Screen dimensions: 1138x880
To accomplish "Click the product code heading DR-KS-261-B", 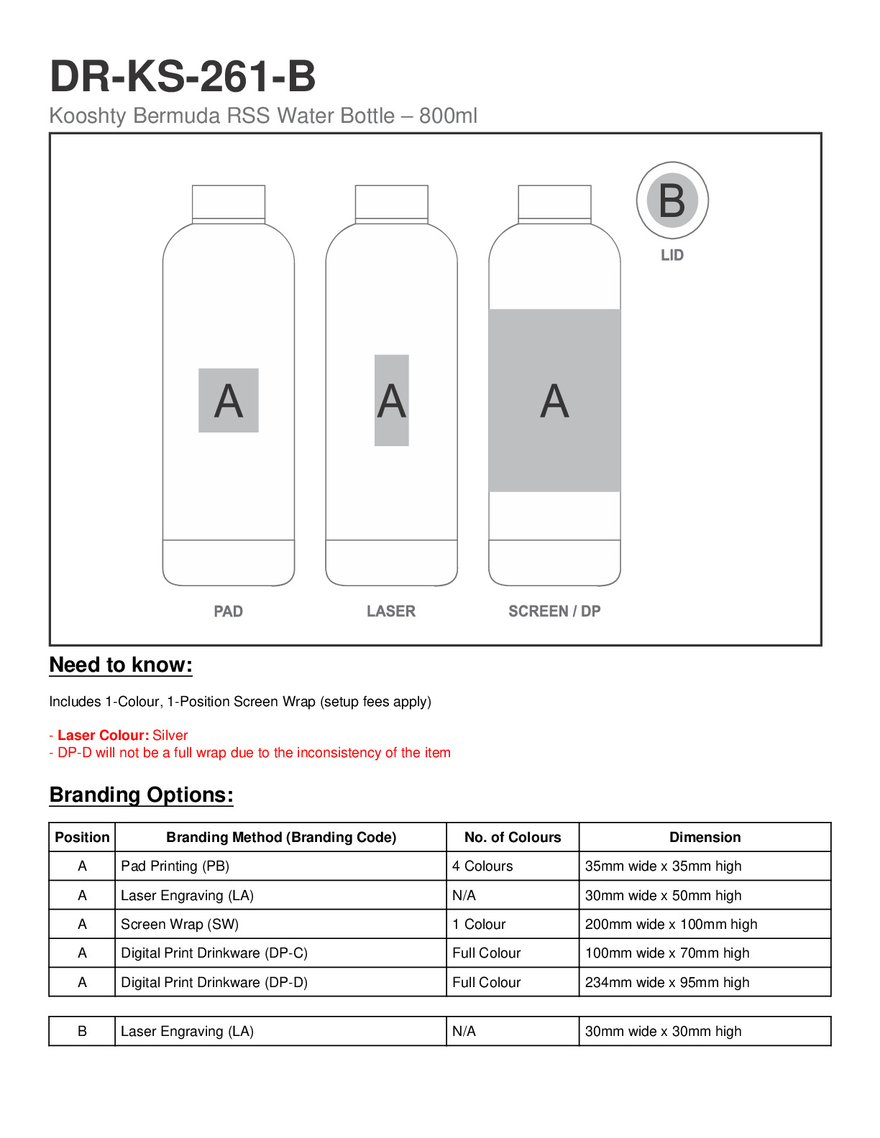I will point(183,76).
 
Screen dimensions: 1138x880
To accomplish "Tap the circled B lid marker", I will point(672,200).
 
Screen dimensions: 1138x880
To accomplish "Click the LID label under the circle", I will point(672,255).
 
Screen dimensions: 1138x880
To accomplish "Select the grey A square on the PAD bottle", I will point(229,400).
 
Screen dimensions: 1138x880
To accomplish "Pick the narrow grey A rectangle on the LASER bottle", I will point(392,400).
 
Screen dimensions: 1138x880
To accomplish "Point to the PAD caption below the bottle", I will point(229,611).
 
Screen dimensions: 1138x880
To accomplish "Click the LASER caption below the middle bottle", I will point(391,611).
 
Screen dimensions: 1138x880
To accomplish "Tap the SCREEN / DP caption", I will point(554,611).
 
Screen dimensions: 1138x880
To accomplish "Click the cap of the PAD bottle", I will point(229,203).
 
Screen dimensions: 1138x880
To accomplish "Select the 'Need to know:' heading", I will point(121,665).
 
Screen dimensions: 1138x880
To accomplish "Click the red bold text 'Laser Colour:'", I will point(104,735).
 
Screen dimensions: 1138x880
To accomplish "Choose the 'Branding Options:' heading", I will point(142,795).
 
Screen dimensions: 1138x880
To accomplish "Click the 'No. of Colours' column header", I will point(513,837).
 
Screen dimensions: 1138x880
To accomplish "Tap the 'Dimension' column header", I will point(705,837).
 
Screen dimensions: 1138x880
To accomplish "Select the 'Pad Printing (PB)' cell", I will point(175,866).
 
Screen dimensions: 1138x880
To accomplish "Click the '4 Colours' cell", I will point(482,866).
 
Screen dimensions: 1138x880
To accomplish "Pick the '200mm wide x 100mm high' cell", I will point(671,924).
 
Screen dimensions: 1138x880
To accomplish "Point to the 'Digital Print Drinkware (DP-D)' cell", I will point(214,982).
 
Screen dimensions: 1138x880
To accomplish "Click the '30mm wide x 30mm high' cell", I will point(663,1031).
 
